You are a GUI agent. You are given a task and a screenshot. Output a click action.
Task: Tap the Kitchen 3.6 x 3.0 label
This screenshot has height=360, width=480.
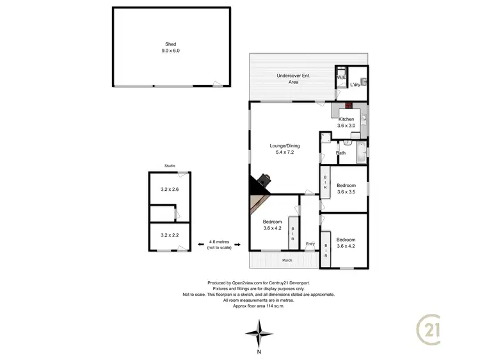click(x=346, y=122)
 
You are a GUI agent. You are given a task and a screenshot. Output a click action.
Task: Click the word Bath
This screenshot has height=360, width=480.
click(x=341, y=153)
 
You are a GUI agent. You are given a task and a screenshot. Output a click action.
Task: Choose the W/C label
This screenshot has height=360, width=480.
click(x=341, y=78)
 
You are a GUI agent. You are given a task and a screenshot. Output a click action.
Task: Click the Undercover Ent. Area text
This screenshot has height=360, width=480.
click(x=293, y=79)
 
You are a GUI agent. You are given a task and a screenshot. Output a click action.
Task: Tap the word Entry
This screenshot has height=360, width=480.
click(x=310, y=243)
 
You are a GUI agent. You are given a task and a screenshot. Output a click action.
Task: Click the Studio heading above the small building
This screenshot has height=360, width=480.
click(x=170, y=166)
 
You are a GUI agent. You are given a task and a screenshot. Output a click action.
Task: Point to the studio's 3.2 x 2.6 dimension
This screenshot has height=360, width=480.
click(x=170, y=190)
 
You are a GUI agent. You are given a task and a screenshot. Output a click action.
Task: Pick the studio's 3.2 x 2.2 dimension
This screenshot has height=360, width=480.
click(x=170, y=236)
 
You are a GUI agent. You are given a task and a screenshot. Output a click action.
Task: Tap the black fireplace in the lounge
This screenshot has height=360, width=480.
click(x=262, y=183)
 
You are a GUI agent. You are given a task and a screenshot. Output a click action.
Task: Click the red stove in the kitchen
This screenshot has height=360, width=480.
click(x=348, y=106)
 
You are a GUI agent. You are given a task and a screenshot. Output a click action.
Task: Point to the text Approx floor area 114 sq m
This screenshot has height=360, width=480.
click(x=258, y=305)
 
